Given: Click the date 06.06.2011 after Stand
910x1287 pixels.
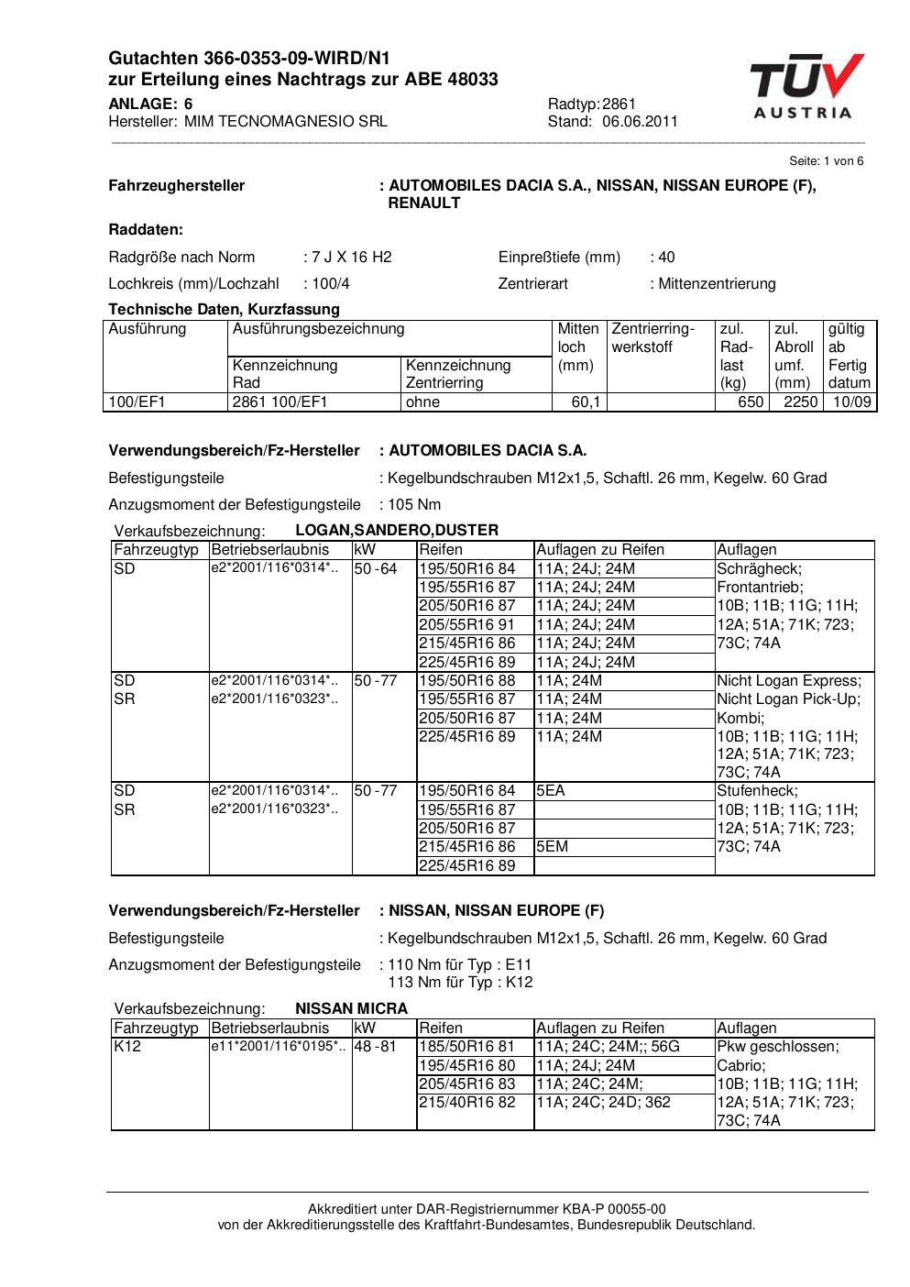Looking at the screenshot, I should click(640, 121).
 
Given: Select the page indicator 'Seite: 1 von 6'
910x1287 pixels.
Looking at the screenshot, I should click(826, 160).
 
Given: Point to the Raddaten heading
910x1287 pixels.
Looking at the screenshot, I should click(146, 229).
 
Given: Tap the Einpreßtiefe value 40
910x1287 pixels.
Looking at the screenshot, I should click(666, 257).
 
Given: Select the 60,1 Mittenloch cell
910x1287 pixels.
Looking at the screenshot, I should click(586, 401).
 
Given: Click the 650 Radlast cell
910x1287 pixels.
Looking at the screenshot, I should click(751, 401).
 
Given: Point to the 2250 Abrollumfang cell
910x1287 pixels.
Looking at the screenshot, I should click(800, 401).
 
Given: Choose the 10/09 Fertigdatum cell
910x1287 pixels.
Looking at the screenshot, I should click(851, 401).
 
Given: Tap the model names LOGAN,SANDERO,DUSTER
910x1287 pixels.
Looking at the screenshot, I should click(397, 530).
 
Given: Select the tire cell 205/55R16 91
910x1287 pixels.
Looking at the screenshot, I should click(466, 624).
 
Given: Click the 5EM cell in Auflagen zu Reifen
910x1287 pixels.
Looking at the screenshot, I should click(553, 846).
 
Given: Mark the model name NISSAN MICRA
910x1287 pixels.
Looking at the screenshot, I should click(351, 1008).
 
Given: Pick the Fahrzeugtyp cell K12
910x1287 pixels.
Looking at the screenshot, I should click(127, 1046).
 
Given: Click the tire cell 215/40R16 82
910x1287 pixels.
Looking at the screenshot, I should click(466, 1102).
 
